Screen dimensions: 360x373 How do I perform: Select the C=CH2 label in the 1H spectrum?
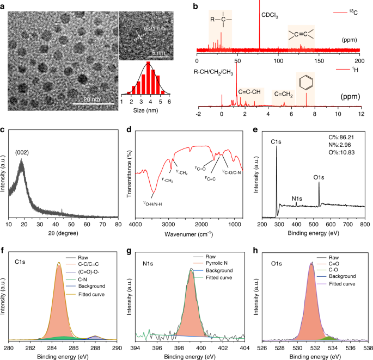pyautogui.click(x=283, y=94)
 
